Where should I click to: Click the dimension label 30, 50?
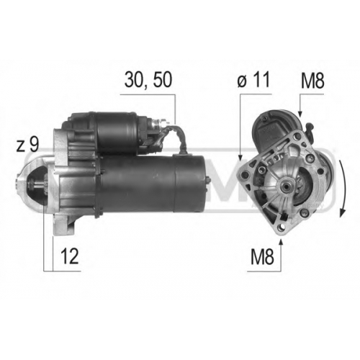pos(148,79)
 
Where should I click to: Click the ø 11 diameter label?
pos(253,79)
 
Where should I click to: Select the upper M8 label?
pos(312,81)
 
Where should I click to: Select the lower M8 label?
pos(262,256)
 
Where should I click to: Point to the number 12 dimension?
pos(70,256)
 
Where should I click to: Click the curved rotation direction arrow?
pos(343,188)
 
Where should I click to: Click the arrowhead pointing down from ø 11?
pos(240,156)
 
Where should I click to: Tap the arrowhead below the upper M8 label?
pos(300,113)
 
